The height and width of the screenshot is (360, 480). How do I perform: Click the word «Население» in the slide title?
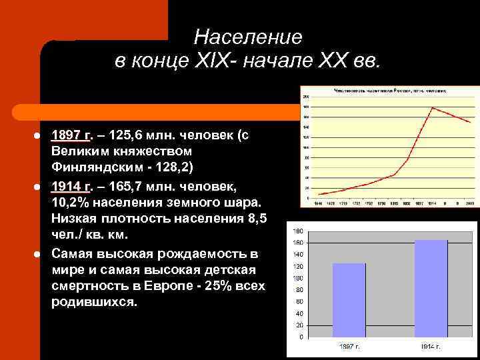(249, 37)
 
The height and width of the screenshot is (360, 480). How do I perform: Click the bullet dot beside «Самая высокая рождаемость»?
(39, 254)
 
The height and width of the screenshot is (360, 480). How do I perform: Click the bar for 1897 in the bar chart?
(349, 300)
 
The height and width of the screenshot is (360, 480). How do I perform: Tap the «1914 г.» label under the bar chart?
(431, 347)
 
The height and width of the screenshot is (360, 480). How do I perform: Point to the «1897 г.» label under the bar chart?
(348, 347)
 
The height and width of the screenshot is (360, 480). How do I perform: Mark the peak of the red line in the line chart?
(433, 107)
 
